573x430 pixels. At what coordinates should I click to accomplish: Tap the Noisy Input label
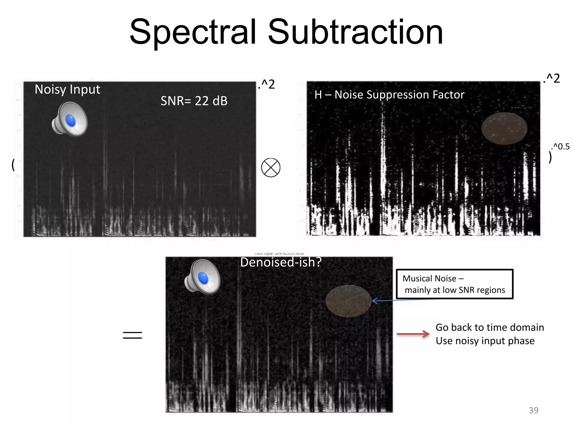coord(67,90)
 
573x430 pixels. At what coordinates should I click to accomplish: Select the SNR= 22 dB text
coord(194,101)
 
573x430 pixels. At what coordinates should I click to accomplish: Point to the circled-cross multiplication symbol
coord(271,168)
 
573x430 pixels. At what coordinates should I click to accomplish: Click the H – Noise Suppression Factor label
coord(389,95)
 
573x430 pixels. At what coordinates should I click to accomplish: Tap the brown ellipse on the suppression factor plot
coord(504,128)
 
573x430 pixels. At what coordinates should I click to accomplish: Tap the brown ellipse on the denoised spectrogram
coord(348,301)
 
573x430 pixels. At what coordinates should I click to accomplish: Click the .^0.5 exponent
coord(560,146)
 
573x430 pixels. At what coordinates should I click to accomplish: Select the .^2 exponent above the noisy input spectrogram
coord(267,84)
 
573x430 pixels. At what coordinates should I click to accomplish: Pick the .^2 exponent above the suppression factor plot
coord(551,78)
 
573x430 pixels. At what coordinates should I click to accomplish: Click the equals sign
coord(132,335)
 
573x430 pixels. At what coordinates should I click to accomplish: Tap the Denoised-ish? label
coord(281,262)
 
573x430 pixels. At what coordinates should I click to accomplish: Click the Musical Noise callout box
coord(454,284)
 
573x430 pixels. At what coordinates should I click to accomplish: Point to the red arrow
coord(413,334)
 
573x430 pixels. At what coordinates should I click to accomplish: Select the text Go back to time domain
coord(490,327)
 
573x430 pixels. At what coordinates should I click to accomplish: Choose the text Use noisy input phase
coord(485,341)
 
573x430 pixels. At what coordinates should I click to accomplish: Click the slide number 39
coord(533,410)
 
